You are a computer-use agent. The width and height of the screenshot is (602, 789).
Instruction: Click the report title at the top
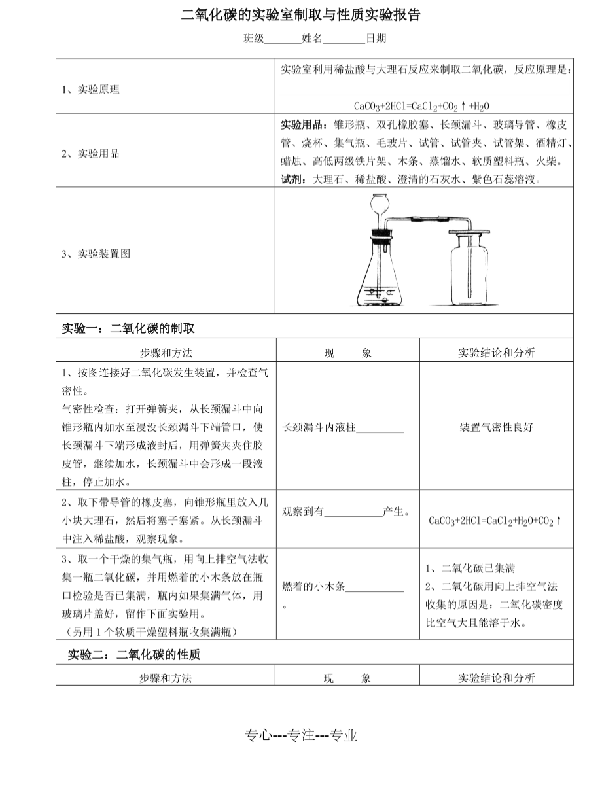tap(300, 15)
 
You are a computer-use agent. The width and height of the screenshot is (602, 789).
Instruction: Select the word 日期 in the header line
tap(376, 39)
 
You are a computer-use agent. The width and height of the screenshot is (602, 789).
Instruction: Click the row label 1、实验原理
tap(90, 90)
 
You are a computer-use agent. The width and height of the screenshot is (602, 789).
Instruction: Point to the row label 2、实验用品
tap(90, 154)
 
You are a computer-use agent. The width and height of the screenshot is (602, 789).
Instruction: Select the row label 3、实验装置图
tap(96, 254)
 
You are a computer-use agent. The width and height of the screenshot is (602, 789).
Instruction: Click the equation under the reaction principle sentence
tap(421, 106)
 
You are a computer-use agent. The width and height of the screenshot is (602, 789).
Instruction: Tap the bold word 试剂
tap(292, 179)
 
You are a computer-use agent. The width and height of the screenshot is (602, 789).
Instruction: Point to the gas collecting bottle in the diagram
tap(469, 275)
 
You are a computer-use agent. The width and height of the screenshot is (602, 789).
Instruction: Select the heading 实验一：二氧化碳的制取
tap(128, 328)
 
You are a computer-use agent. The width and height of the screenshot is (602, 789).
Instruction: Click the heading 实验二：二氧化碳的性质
tap(134, 654)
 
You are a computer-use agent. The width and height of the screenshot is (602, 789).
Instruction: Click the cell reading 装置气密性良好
tap(496, 428)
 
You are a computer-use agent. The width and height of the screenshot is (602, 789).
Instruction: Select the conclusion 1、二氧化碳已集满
tap(470, 568)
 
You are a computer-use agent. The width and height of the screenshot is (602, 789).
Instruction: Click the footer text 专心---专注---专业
tap(301, 735)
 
